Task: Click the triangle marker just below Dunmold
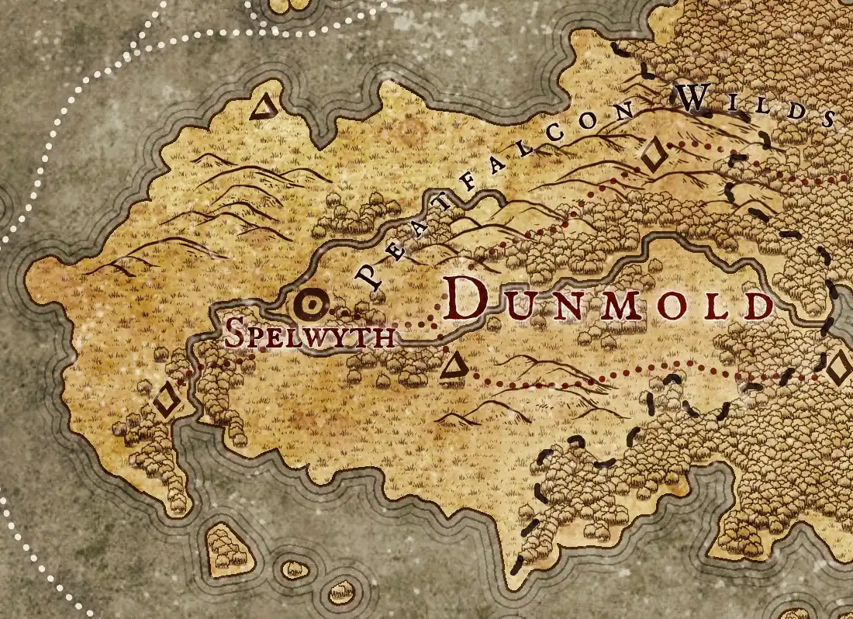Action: (453, 368)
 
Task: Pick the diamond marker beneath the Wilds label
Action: (653, 155)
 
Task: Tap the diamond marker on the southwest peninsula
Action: (165, 401)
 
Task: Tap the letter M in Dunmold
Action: (627, 307)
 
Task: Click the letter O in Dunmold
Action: (675, 307)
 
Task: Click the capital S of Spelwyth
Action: (235, 333)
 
